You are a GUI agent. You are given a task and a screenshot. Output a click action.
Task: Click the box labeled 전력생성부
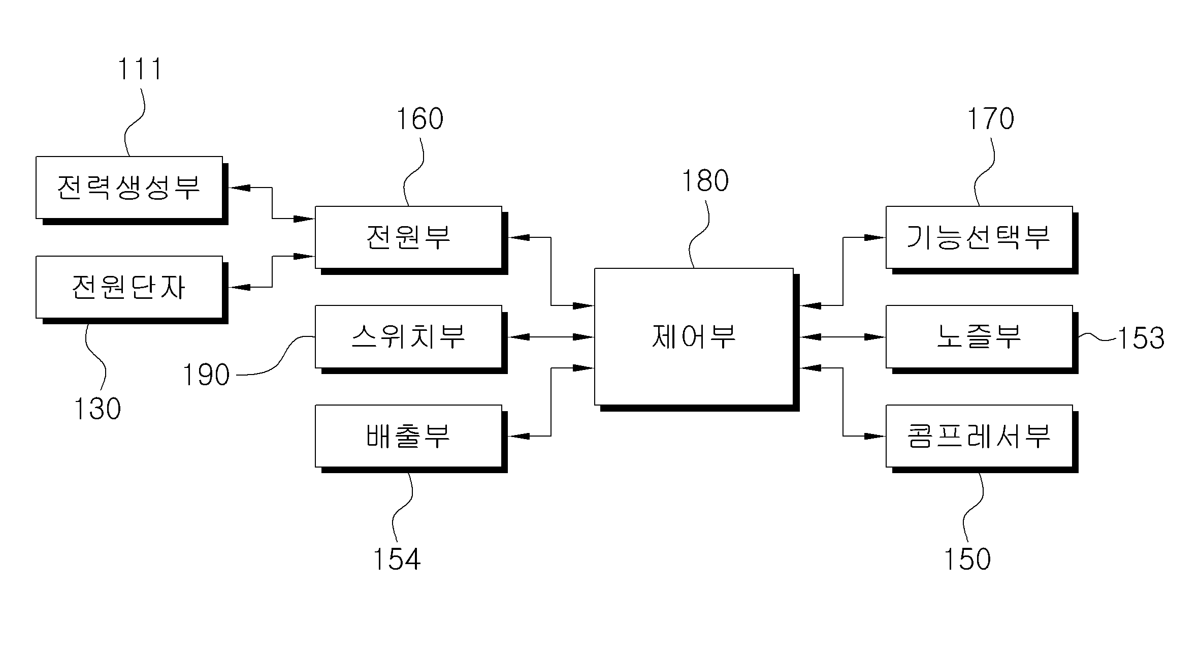tap(129, 188)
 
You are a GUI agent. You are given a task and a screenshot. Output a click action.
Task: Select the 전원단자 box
tap(129, 287)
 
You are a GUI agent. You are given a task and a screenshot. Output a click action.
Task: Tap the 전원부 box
tap(409, 237)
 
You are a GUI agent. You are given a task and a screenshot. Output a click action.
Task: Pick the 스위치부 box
tap(409, 336)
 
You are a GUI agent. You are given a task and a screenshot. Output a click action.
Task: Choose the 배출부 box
tap(409, 436)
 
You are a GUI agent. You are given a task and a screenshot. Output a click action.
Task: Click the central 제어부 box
tap(694, 337)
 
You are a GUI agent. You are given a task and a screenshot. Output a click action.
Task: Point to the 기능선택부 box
tap(980, 237)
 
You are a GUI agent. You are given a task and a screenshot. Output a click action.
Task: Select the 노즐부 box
tap(980, 336)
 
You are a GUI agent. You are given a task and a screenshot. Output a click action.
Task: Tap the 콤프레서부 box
tap(980, 436)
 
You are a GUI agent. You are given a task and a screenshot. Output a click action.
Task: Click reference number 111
tap(140, 69)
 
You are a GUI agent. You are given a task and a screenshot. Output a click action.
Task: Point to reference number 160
tap(419, 119)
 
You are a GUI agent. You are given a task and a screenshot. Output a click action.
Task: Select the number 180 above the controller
tap(705, 181)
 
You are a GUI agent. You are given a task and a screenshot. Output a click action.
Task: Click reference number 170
tap(990, 119)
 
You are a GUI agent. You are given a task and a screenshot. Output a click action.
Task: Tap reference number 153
tap(1141, 338)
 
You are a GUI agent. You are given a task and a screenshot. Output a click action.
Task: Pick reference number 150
tap(967, 559)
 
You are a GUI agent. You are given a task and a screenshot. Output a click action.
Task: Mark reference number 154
tap(397, 559)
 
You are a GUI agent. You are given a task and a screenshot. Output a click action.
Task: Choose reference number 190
tap(206, 375)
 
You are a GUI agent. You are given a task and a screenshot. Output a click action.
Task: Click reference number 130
tap(98, 409)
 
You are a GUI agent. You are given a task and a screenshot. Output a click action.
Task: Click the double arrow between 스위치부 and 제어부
tap(551, 336)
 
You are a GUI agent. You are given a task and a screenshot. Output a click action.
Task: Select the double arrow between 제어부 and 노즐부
tap(843, 336)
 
